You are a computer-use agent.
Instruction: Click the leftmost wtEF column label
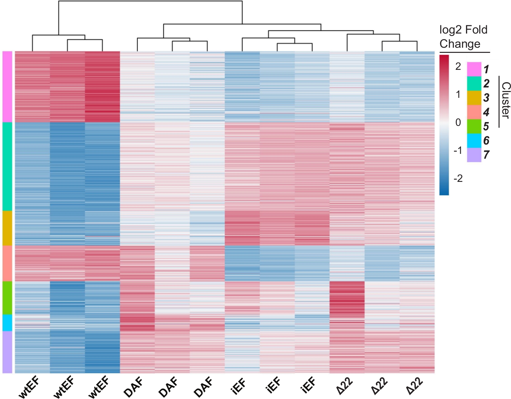(29, 388)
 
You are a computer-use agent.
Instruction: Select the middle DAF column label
(168, 387)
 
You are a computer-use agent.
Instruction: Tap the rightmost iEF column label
(308, 386)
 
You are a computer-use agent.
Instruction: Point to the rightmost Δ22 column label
(414, 386)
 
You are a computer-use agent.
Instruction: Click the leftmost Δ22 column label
(344, 386)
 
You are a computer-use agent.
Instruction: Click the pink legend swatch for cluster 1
(474, 69)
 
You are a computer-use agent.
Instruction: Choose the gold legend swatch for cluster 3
(474, 98)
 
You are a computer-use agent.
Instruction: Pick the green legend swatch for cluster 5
(474, 126)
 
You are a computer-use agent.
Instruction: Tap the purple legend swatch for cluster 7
(474, 155)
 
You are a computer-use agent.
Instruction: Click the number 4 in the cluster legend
(486, 112)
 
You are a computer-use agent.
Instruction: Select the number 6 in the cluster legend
(486, 140)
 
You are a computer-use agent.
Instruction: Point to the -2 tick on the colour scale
(458, 178)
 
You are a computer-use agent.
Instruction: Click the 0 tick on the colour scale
(458, 122)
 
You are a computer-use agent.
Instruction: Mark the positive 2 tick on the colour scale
(458, 66)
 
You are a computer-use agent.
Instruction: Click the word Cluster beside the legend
(505, 100)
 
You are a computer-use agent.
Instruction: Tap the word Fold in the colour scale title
(476, 30)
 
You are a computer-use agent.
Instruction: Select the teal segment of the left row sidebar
(7, 166)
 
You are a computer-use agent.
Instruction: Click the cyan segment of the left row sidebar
(7, 323)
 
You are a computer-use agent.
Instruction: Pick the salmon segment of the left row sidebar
(7, 263)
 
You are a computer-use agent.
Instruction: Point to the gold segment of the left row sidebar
(7, 228)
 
